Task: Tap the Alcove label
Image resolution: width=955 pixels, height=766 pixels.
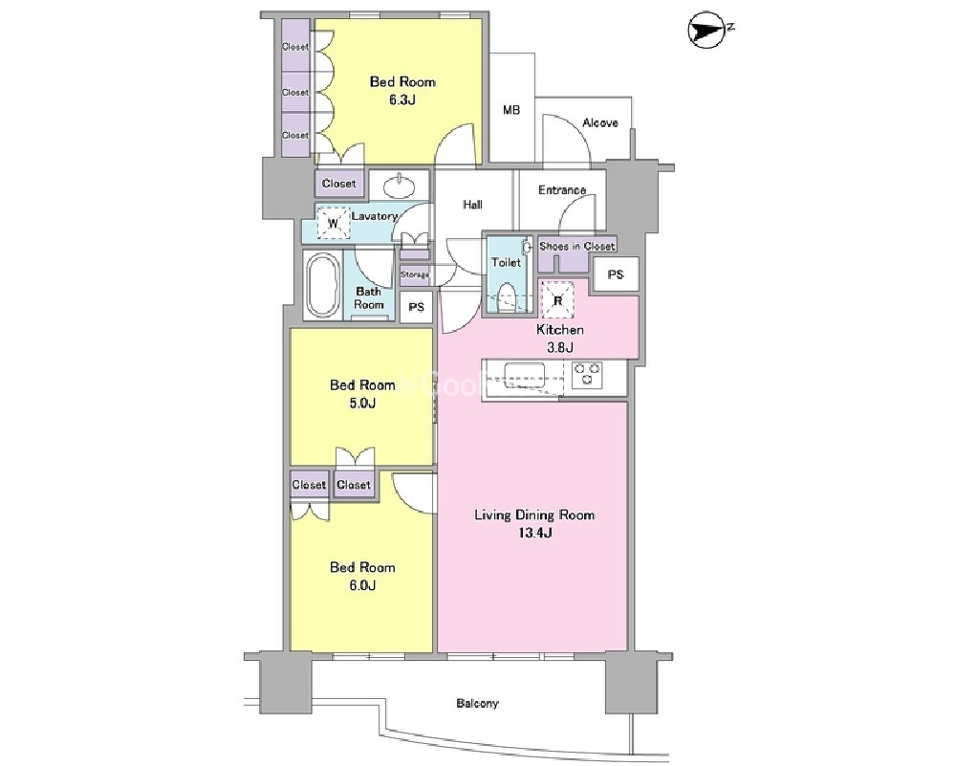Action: coord(600,122)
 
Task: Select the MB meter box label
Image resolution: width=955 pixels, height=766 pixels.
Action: coord(511,110)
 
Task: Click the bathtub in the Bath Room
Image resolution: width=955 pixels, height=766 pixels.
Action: coord(322,285)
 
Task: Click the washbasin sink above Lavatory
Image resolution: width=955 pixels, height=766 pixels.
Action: coord(399,185)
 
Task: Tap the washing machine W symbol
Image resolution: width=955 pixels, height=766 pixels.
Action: coord(334,223)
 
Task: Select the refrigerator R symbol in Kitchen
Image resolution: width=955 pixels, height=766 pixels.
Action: coord(558,299)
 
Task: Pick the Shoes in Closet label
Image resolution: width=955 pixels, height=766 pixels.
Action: coord(576,246)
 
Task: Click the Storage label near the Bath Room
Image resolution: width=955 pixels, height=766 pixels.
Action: coord(414,274)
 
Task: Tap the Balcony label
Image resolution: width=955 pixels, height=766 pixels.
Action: coord(478,703)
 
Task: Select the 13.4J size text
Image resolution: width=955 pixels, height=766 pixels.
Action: coord(534,534)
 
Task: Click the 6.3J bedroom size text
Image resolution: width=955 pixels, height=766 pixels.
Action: coord(402,99)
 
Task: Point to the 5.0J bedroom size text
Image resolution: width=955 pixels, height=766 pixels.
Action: coord(362,403)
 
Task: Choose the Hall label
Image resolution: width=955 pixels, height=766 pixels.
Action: coord(472,205)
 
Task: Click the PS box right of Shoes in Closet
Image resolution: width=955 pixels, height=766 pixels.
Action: coord(615,274)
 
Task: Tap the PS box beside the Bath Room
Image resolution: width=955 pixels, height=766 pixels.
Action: coord(417,307)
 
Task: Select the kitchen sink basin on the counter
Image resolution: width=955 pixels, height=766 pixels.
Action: coord(523,371)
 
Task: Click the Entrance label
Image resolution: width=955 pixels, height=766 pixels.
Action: coord(562,190)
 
